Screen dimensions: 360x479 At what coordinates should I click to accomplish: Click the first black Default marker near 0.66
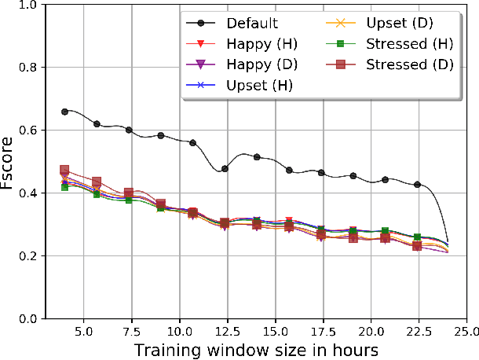pos(64,112)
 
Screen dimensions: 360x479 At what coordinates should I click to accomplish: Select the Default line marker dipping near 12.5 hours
pos(225,168)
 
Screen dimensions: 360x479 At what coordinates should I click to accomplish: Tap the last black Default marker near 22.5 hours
pos(417,185)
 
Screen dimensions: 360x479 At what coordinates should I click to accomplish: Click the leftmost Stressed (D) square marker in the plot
pos(64,170)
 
